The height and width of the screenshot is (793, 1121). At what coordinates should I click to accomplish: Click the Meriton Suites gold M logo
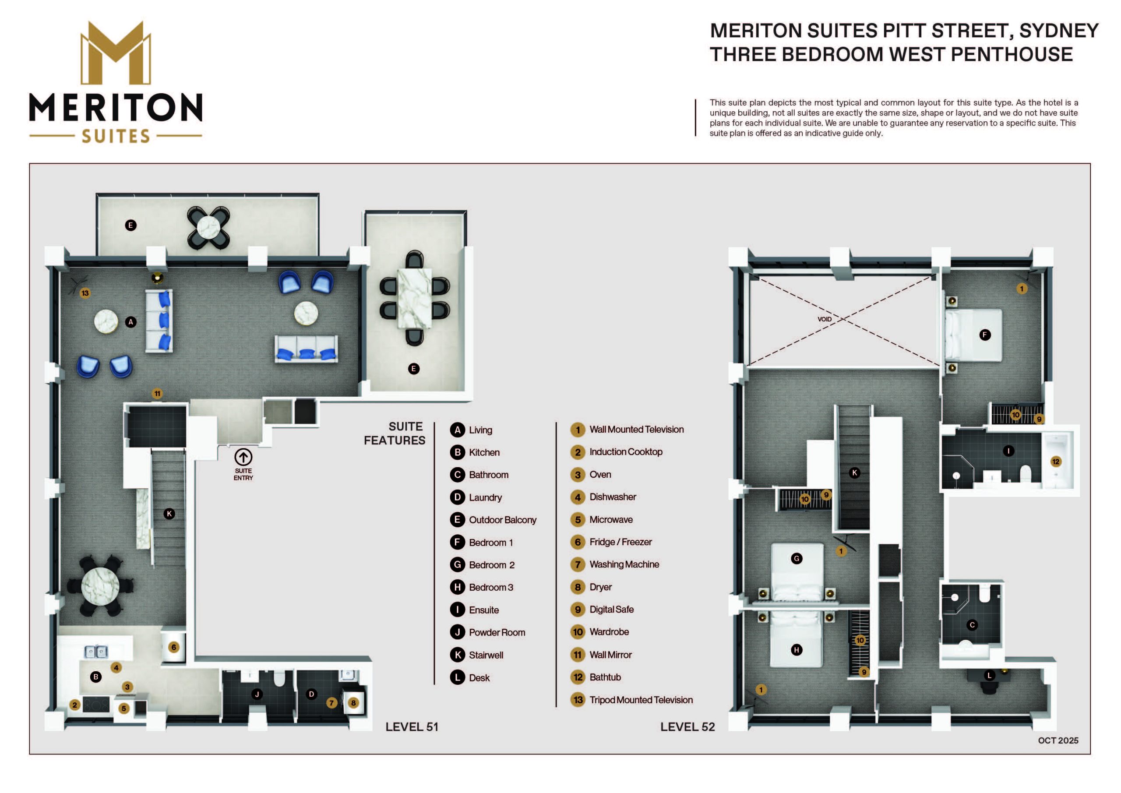coord(116,53)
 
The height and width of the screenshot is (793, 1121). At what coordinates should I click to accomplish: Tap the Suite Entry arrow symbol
coord(243,457)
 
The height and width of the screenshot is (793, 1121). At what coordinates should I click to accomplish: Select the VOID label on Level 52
coord(824,319)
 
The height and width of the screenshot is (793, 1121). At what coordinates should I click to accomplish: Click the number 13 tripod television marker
coord(85,293)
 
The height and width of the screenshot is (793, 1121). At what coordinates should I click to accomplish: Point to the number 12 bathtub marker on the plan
coord(1056,462)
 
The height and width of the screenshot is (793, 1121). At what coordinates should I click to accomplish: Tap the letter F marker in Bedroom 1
coord(985,335)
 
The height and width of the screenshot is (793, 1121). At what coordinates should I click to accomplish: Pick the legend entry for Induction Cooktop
coord(616,452)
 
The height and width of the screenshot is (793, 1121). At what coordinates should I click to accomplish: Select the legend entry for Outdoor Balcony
coord(493,520)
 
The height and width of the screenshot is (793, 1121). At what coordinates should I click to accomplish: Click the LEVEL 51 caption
coord(412,726)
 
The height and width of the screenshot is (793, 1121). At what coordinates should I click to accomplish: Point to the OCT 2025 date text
coord(1058,740)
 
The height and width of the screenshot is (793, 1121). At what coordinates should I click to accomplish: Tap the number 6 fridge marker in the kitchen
coord(174,648)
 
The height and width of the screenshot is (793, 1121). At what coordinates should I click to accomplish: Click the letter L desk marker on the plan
coord(989,676)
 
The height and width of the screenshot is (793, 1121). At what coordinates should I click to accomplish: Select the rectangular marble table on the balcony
coord(415,298)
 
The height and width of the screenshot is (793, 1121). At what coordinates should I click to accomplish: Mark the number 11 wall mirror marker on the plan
coord(157,394)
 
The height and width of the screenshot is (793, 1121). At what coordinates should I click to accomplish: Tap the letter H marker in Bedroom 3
coord(797,650)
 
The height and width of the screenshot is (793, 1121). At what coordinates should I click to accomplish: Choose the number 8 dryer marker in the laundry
coord(353,703)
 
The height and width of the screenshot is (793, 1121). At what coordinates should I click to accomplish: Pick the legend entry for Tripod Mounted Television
coord(632,700)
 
